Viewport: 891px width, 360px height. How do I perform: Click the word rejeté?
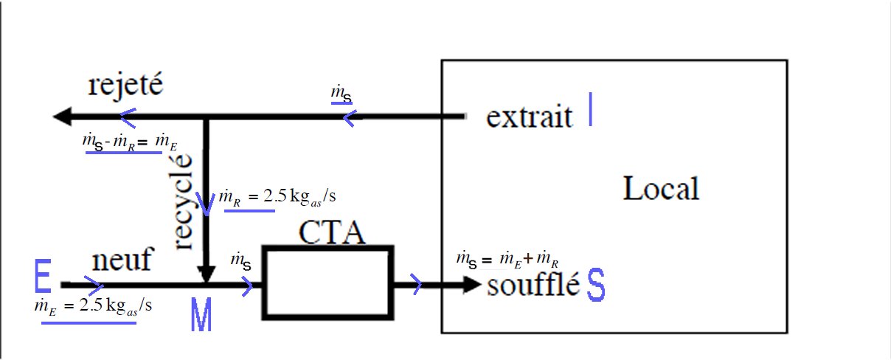coord(123,87)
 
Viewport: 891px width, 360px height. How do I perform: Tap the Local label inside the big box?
coord(660,190)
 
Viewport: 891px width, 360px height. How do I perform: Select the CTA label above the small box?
coord(331,233)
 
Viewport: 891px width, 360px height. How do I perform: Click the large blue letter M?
coord(201,316)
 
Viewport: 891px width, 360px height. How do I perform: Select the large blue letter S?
coord(596,288)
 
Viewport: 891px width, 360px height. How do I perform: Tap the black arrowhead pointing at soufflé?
coord(472,284)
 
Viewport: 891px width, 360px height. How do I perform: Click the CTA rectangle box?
coord(328,283)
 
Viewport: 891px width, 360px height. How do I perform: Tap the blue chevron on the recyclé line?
coord(207,207)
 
